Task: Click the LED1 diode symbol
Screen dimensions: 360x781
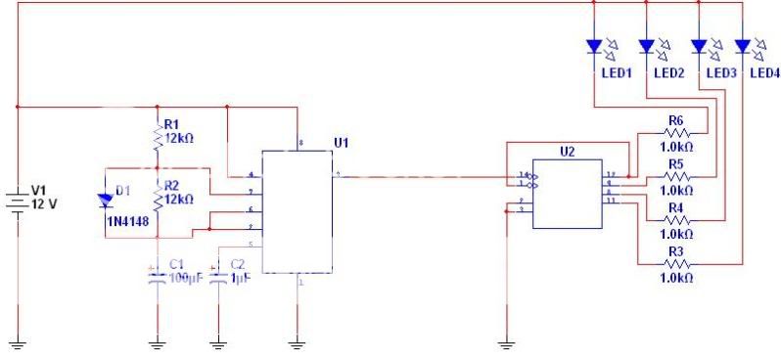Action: (593, 46)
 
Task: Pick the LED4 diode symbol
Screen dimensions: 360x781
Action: (742, 46)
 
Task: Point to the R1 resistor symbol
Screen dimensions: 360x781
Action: (157, 138)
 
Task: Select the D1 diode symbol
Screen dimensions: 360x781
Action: (105, 201)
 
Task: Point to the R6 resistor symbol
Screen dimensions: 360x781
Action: (675, 133)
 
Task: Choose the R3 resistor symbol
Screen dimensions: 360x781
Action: (675, 264)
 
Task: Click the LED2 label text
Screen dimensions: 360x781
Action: (668, 73)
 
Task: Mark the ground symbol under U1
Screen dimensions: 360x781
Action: (299, 343)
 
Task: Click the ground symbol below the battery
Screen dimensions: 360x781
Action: (19, 343)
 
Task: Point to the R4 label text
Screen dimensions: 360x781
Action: (675, 208)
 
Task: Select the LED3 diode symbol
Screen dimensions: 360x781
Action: (698, 46)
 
